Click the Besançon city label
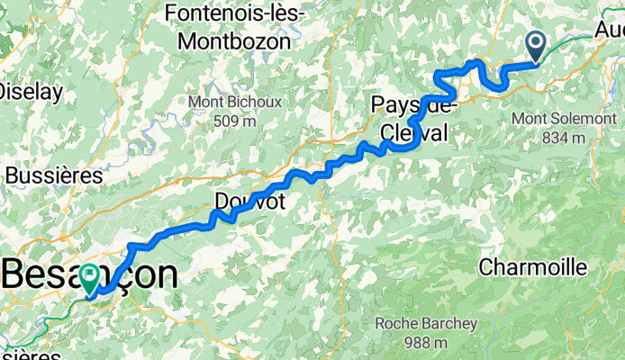click(x=90, y=274)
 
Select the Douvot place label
click(x=249, y=202)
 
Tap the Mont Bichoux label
click(x=234, y=102)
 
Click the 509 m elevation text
click(x=234, y=121)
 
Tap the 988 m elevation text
click(x=428, y=343)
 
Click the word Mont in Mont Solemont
click(x=529, y=118)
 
